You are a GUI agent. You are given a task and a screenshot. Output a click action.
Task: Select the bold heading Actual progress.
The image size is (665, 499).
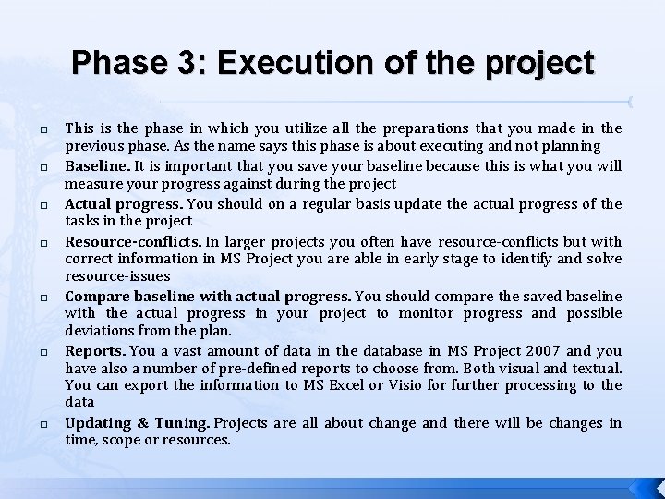tap(119, 203)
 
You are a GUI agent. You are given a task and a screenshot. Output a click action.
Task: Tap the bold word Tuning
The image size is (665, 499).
tap(183, 422)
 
